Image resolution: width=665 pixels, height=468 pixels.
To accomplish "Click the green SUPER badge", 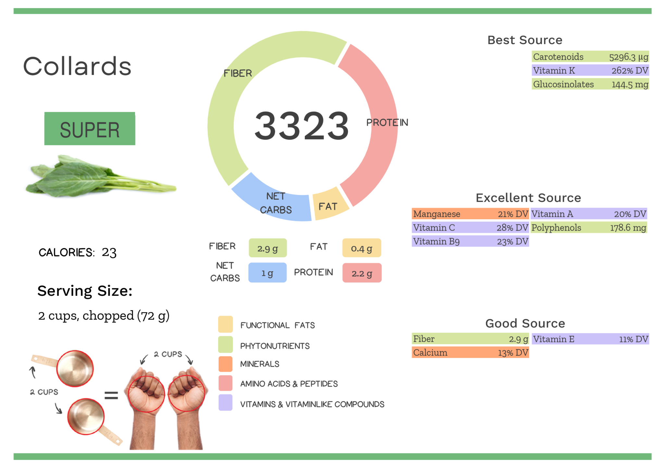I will coord(90,129).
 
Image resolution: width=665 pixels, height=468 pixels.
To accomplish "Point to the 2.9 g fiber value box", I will coord(268,248).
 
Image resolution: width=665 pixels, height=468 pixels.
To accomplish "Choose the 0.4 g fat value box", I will coord(361,248).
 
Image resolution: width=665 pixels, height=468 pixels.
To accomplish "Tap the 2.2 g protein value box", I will coord(362,273).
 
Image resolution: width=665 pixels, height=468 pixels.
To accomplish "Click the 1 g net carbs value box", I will coord(267,273).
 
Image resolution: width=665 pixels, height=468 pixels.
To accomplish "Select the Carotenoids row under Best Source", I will coord(590,57).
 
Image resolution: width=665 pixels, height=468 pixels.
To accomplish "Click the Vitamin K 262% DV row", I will coord(590,70).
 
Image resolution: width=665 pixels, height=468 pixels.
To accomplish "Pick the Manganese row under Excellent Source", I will coord(470,214).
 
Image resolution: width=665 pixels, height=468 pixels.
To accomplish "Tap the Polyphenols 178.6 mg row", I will coord(589,228).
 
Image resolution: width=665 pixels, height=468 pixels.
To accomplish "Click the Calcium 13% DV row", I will coord(470,352).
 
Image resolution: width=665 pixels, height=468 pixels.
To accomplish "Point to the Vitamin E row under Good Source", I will coord(590,339).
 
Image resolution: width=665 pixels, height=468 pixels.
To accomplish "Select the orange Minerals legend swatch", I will coord(225,364).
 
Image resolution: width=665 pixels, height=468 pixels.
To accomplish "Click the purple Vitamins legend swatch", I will coord(225,403).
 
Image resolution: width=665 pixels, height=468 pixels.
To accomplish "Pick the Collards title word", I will coord(77,66).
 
